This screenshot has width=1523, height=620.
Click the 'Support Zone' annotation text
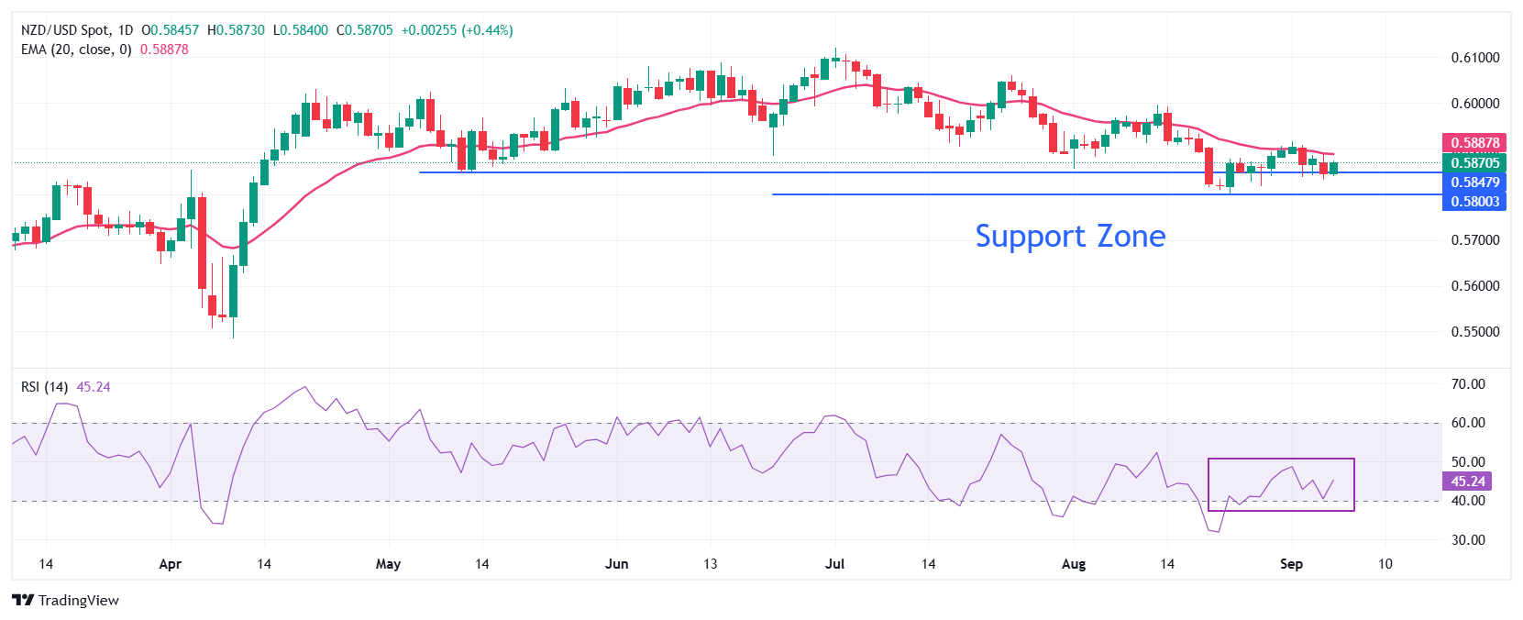click(x=1070, y=237)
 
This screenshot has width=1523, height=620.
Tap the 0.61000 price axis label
click(x=1475, y=57)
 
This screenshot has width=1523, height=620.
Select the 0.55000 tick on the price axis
click(x=1475, y=331)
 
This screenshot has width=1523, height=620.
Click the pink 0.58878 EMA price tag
click(x=1474, y=143)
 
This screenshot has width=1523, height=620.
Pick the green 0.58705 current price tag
click(x=1474, y=162)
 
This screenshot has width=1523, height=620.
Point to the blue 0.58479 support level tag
click(x=1474, y=182)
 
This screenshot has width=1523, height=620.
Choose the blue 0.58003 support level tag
click(x=1474, y=201)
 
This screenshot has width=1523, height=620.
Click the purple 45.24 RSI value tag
click(x=1467, y=482)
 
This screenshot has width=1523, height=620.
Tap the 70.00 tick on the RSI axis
click(x=1468, y=384)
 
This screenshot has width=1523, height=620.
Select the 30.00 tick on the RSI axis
click(x=1468, y=539)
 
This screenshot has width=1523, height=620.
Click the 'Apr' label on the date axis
click(x=171, y=564)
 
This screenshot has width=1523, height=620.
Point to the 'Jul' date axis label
click(x=834, y=564)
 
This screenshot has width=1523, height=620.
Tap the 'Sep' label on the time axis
click(x=1291, y=564)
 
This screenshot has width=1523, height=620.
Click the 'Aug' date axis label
click(x=1073, y=564)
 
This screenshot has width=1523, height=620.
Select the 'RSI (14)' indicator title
click(x=44, y=387)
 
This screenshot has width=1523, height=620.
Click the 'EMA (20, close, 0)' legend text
click(x=76, y=50)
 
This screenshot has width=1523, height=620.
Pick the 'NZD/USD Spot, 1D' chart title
click(x=77, y=30)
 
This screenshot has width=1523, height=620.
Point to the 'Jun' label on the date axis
click(x=617, y=564)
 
